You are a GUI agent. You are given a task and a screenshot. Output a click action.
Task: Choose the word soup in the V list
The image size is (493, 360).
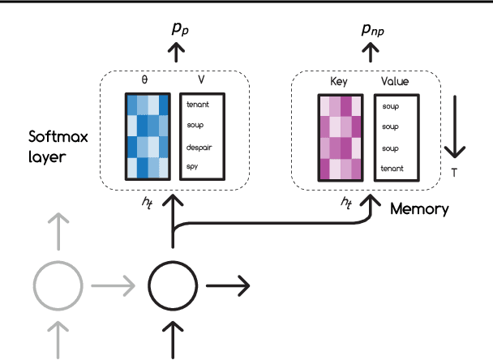[x=195, y=126]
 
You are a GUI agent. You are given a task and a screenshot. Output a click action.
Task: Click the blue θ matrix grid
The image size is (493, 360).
[x=148, y=135]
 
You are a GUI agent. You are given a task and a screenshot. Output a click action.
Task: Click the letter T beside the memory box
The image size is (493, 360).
[x=456, y=172]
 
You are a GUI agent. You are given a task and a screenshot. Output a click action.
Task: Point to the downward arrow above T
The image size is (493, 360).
[x=456, y=127]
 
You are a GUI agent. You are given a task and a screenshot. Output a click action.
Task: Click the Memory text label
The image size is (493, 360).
[x=419, y=209]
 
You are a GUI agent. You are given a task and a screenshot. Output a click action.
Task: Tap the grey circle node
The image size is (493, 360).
[x=57, y=285]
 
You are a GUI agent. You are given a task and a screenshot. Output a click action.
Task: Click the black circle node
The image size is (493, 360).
[x=172, y=285]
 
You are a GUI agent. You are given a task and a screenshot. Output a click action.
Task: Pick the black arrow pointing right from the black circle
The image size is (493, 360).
[x=229, y=285]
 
